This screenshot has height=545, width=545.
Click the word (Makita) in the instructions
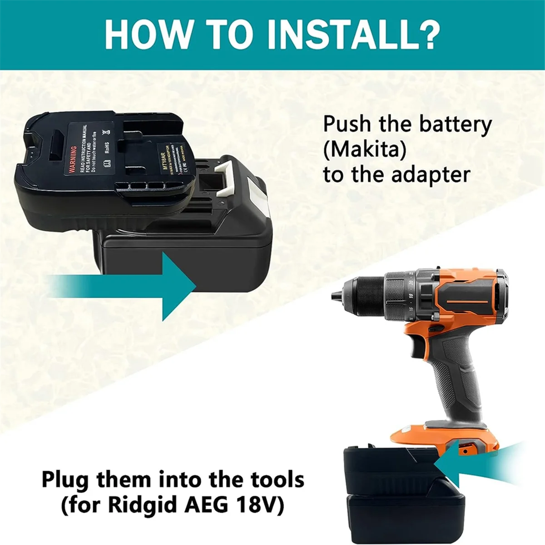365,150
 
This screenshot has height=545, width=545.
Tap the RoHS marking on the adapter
106,150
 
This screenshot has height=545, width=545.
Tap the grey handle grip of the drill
450,377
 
